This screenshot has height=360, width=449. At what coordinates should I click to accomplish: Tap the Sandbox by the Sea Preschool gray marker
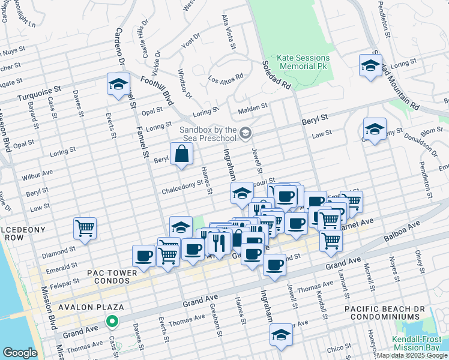point(245,132)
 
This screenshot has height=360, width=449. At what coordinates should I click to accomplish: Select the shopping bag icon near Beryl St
point(181,154)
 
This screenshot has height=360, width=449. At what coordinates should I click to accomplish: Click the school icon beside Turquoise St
point(119,85)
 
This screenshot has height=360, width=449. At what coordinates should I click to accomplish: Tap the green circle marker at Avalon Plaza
point(112,322)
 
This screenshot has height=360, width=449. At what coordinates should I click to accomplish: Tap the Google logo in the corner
point(20,353)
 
